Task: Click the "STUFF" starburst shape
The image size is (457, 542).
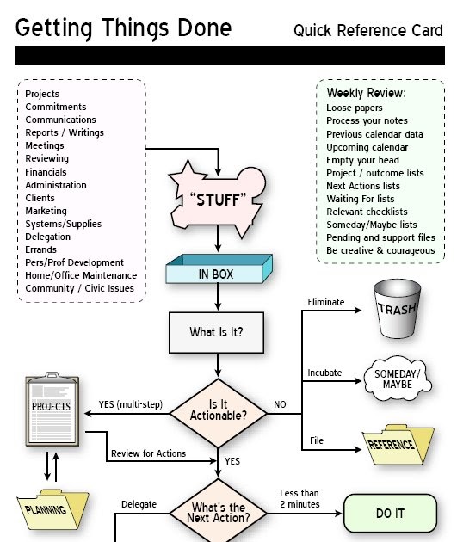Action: [x=217, y=200]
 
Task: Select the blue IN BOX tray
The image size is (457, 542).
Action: [x=217, y=274]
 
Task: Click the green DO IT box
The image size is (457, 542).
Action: [x=390, y=514]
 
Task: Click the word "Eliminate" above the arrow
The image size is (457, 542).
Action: [x=326, y=302]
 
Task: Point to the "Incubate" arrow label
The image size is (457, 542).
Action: [x=324, y=373]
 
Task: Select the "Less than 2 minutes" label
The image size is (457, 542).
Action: [x=300, y=498]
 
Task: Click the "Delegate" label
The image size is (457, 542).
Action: [x=139, y=504]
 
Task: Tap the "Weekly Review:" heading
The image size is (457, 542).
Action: [x=366, y=92]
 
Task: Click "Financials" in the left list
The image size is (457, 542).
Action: [x=46, y=172]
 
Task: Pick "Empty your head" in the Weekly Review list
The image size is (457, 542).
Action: [x=362, y=160]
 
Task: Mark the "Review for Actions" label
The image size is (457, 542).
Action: [x=148, y=453]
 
